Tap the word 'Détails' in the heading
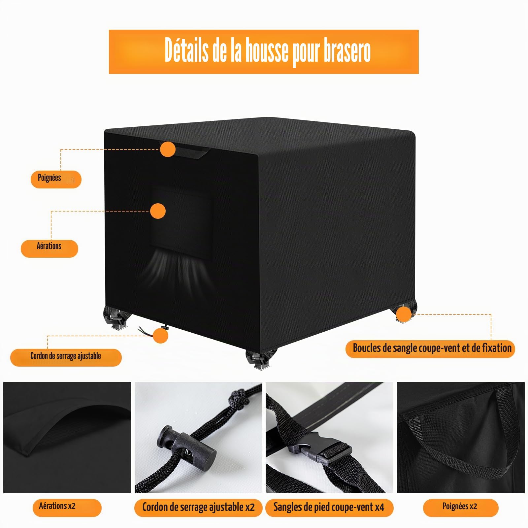(x=186, y=50)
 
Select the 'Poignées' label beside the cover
(x=49, y=178)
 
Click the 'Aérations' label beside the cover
(x=49, y=246)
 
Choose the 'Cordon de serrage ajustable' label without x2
(x=66, y=356)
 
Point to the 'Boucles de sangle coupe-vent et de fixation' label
(x=432, y=348)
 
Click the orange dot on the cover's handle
(x=168, y=149)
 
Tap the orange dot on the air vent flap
(x=158, y=211)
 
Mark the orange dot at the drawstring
(x=160, y=336)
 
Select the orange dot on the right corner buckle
(x=403, y=314)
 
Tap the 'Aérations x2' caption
(x=57, y=506)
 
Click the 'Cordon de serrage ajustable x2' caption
(x=198, y=507)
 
